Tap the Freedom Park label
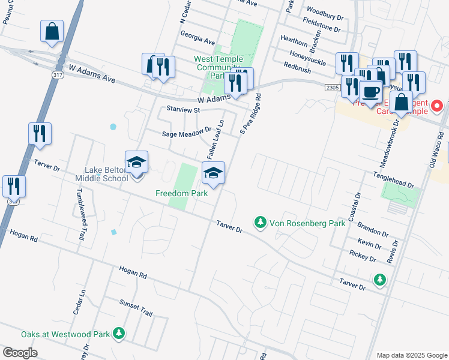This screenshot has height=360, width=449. [181, 193]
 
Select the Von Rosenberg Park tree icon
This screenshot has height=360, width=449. [260, 223]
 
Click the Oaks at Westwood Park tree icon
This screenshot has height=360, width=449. [119, 334]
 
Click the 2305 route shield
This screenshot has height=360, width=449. [333, 88]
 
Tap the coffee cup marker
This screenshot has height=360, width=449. [370, 92]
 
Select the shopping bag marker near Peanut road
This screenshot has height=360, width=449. [52, 31]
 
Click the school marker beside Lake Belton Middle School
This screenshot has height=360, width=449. [137, 162]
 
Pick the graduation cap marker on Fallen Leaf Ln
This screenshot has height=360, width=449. [213, 173]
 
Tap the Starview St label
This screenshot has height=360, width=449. [182, 110]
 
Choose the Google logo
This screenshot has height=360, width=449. [20, 352]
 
